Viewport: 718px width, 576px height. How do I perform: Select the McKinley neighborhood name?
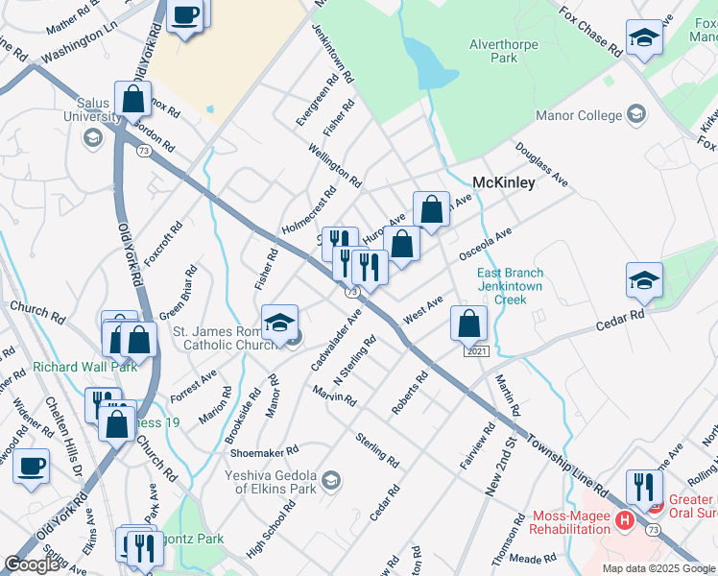coord(504,183)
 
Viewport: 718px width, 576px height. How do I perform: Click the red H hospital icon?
coord(624,521)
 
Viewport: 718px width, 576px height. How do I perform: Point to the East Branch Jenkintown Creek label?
coord(511,286)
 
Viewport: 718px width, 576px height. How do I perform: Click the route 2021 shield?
coord(477,351)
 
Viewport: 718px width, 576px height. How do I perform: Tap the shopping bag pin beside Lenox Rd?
coord(133,98)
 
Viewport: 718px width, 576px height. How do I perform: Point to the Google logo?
coord(33,564)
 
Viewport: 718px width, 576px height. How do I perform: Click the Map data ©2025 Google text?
coord(658,568)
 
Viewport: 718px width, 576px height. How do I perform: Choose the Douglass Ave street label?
coord(541,164)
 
